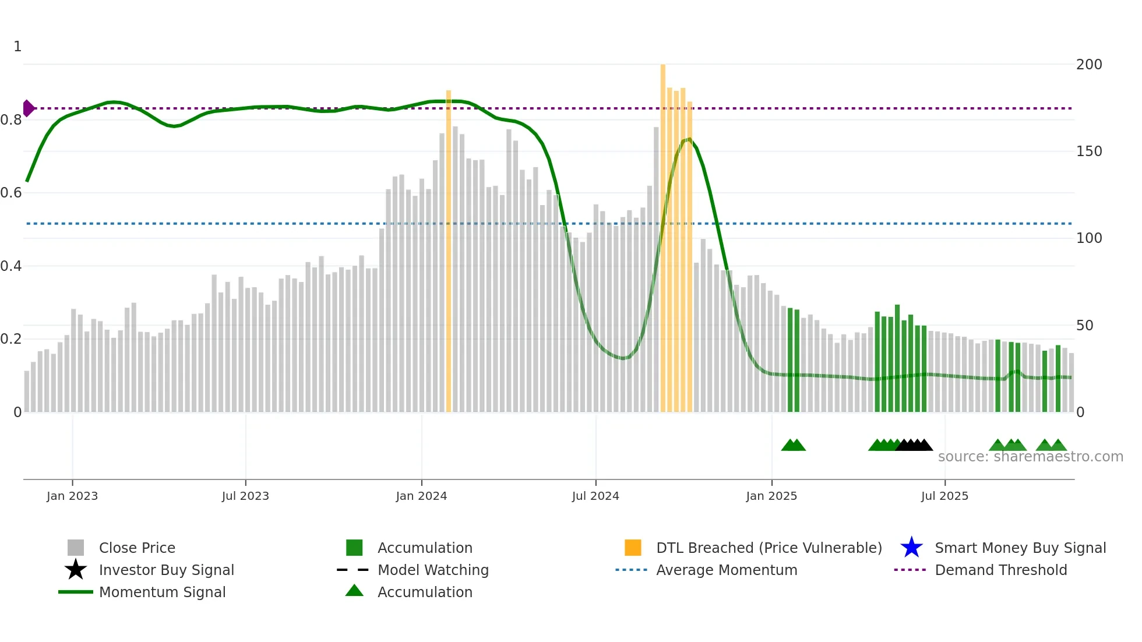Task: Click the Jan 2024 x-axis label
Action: pos(421,496)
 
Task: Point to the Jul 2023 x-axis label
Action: pos(245,496)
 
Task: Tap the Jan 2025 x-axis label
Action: pos(771,496)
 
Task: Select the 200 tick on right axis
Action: pos(1089,65)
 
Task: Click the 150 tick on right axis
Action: pos(1089,151)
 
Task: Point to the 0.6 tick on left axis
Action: pos(11,193)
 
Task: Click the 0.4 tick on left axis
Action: pos(11,266)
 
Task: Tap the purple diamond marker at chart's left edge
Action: pos(28,108)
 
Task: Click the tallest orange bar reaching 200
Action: pos(663,233)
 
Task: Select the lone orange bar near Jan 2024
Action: pos(449,251)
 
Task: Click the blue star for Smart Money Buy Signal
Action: pos(911,548)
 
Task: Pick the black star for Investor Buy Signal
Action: pos(76,570)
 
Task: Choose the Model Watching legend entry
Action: pos(433,570)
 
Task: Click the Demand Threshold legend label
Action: pos(1000,570)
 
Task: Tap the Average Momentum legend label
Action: pos(727,570)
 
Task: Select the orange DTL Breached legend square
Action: pos(633,548)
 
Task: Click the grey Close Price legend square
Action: pos(76,548)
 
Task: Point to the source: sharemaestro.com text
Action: pos(1030,457)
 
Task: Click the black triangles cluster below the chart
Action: pos(914,446)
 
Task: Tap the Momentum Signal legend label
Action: pos(162,592)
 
